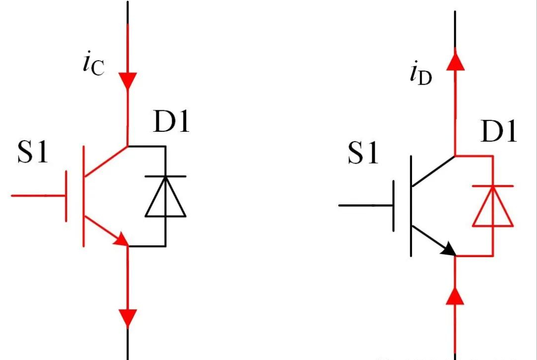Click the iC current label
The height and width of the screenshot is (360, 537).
[x=93, y=65]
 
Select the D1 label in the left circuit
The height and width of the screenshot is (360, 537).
[x=171, y=122]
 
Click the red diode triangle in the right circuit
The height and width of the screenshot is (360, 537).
[x=492, y=207]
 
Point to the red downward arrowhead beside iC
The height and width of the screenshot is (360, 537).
[x=128, y=80]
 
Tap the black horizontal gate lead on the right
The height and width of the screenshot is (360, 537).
[x=366, y=205]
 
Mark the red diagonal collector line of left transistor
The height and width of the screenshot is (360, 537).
[x=106, y=161]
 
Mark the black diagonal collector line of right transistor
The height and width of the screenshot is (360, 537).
[x=433, y=171]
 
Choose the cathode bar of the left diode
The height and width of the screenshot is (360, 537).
[x=166, y=176]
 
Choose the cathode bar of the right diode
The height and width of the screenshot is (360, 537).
[x=492, y=185]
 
